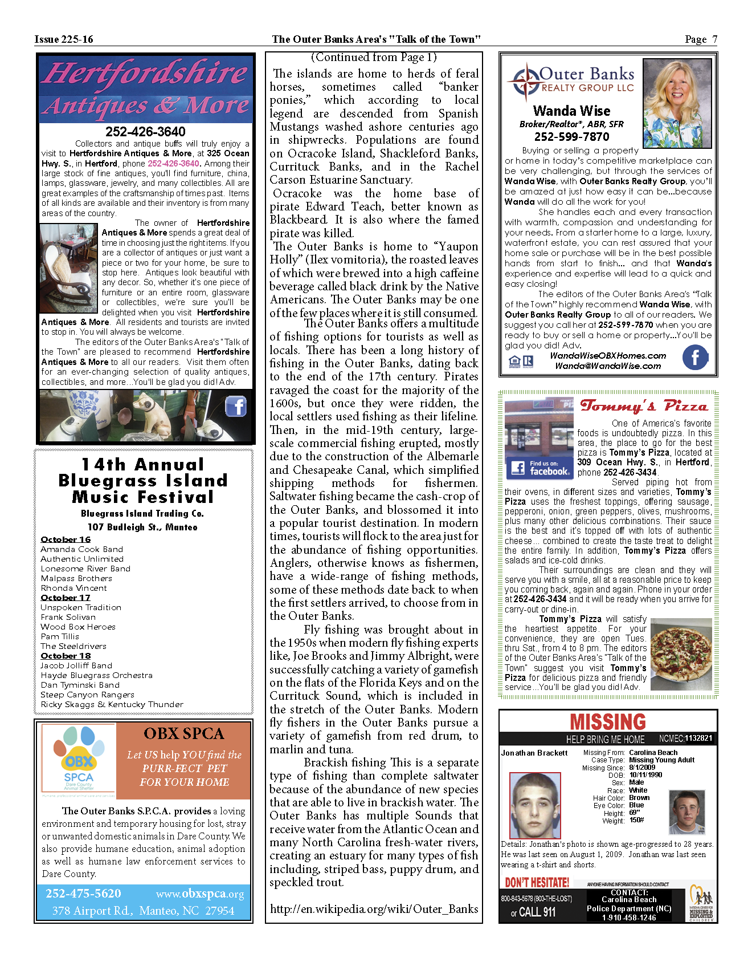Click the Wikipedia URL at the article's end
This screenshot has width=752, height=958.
374,909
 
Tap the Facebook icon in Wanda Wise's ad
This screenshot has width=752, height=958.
695,358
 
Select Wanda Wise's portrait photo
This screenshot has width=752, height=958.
677,103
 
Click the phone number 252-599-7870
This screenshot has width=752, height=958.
571,137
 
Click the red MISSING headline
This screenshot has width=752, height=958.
608,722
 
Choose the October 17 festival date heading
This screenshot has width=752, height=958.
66,598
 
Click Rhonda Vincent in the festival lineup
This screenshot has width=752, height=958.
73,588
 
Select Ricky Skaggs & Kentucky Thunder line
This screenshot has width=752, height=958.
112,704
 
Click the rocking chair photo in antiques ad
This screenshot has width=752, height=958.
69,268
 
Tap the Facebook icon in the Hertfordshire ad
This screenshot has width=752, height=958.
236,407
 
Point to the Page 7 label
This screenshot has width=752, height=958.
700,39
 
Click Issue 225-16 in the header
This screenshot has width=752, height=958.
64,39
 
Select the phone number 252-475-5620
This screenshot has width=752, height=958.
83,894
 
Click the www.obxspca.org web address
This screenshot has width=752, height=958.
199,894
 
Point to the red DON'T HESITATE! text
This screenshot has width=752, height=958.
537,883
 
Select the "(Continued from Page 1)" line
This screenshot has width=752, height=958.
374,57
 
